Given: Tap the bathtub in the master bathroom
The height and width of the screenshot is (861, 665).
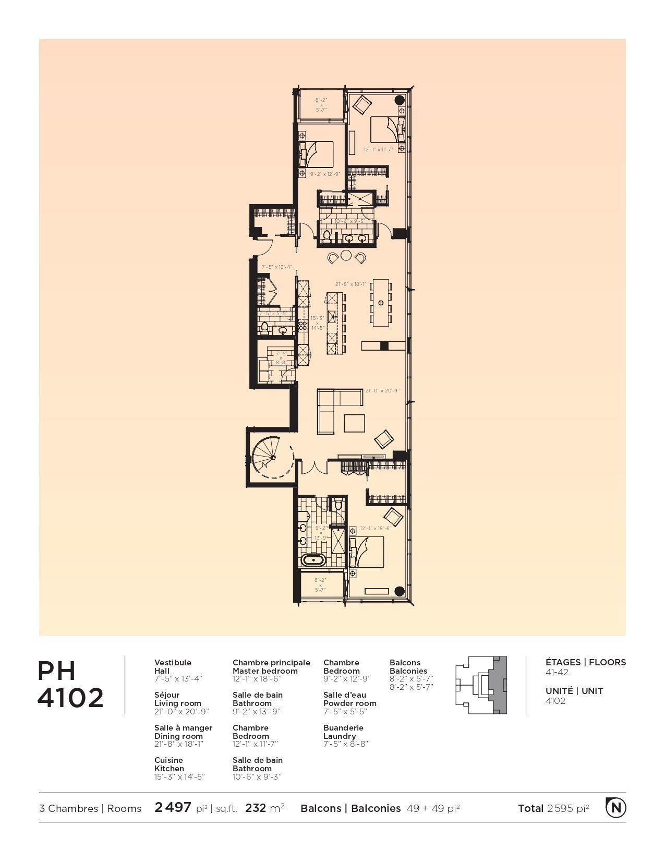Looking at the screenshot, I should click(314, 561).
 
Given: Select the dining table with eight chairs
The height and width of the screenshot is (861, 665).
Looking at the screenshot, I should click(381, 303).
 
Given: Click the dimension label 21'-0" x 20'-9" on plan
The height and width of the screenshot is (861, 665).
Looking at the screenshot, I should click(382, 390).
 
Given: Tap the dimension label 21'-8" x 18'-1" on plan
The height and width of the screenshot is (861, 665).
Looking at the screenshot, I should click(350, 284).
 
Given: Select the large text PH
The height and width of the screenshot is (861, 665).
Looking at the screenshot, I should click(57, 671).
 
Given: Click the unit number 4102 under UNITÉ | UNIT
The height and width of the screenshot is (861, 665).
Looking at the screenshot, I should click(555, 701).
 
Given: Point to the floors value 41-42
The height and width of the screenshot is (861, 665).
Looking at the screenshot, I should click(557, 672).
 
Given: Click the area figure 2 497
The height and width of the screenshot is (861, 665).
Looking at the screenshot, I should click(173, 808).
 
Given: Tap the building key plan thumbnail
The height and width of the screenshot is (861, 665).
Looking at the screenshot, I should click(480, 685).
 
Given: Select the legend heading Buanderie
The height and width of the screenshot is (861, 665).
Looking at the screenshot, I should click(343, 727).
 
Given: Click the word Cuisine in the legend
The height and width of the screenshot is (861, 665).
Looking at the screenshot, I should click(168, 760).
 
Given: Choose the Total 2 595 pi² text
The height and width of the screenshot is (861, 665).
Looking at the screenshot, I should click(553, 808).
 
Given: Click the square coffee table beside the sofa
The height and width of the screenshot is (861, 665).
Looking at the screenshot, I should click(355, 422).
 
